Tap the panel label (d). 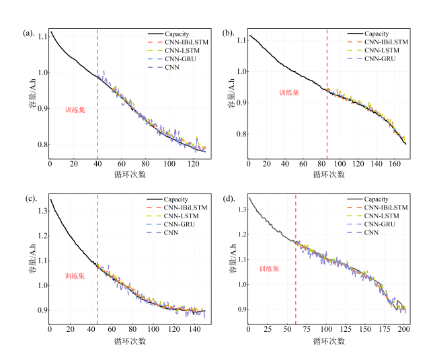228,199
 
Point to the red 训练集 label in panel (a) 75,109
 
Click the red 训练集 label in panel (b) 290,93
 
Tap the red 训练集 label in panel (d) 270,269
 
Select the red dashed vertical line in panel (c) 97,262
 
